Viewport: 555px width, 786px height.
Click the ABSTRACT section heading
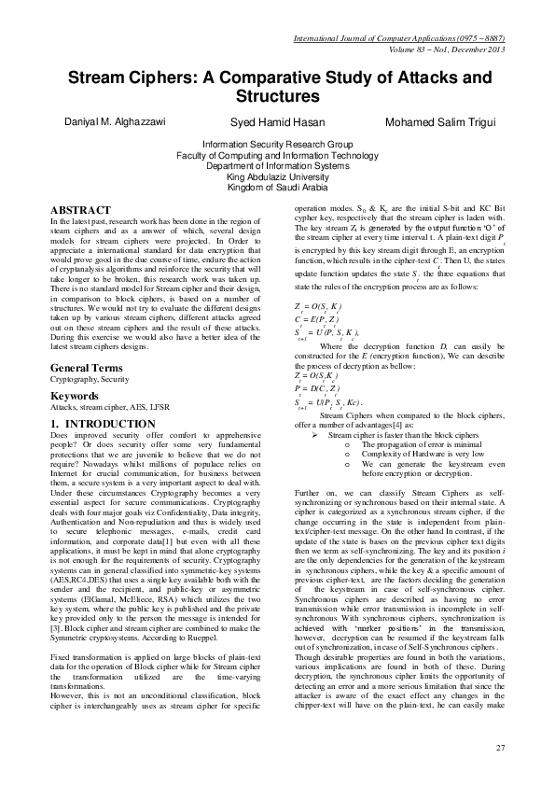80,210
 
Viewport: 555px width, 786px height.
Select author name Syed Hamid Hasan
277,124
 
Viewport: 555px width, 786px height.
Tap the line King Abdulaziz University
277,175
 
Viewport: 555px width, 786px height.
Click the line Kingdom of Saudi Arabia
277,186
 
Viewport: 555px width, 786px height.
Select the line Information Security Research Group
277,146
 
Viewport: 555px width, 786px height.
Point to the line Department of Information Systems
277,165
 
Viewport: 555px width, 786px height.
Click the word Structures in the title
277,96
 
